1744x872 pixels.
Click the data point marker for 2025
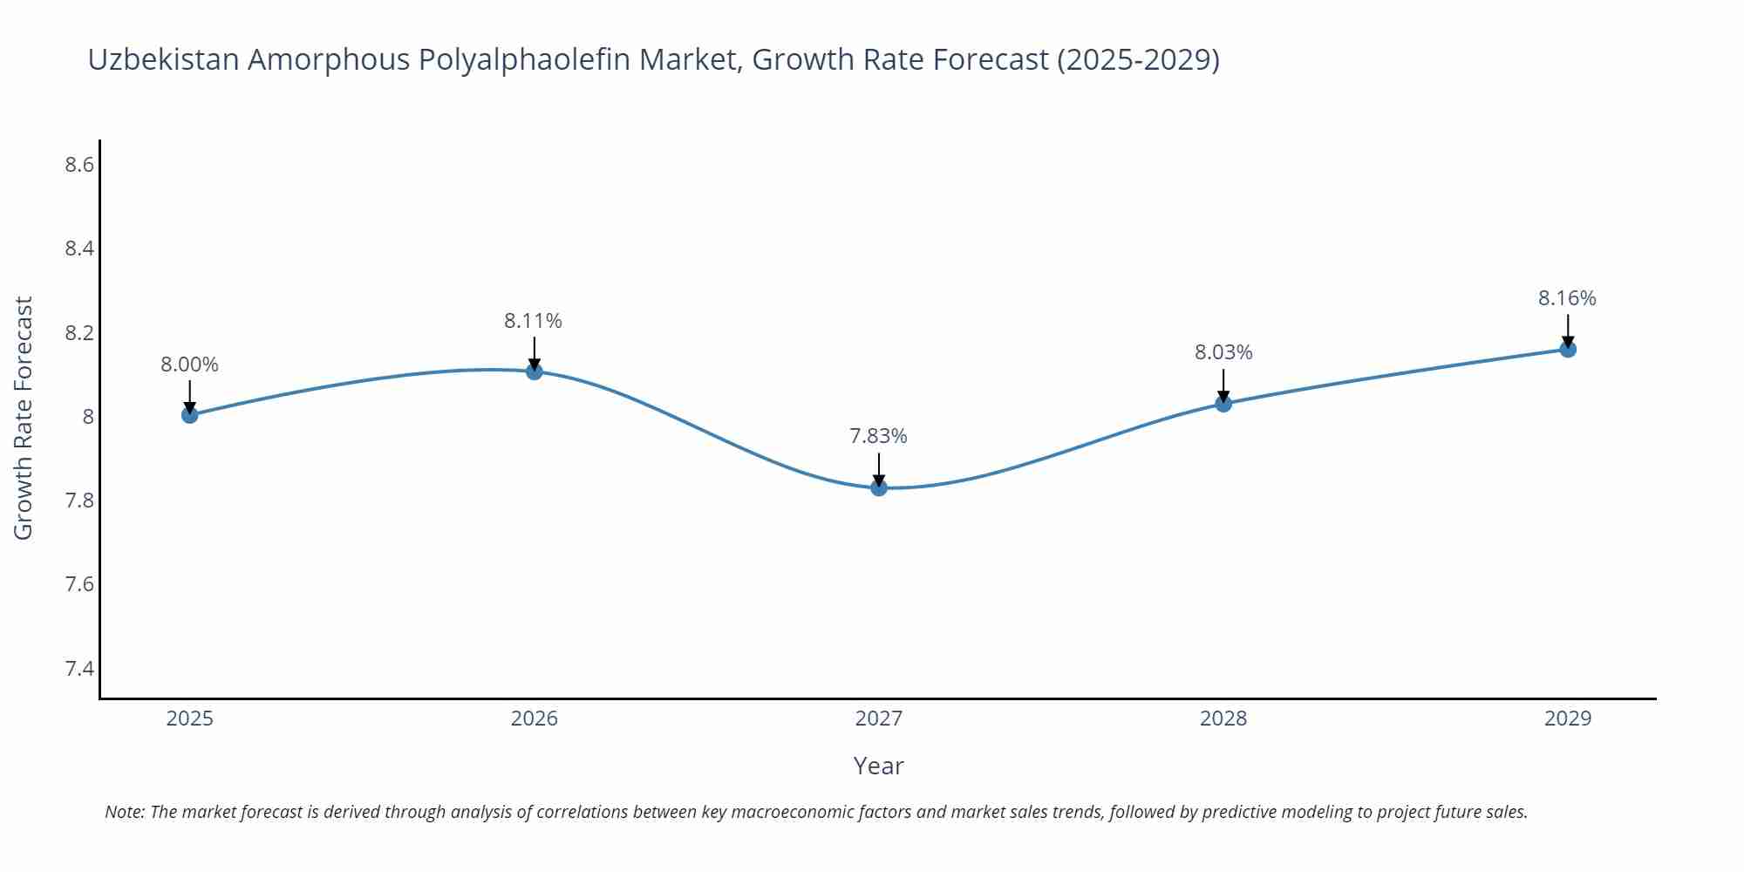(189, 415)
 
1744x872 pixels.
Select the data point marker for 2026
(535, 371)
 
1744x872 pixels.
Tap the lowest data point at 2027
(879, 487)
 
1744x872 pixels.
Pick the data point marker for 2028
(1223, 404)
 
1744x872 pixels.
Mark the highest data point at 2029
(1568, 350)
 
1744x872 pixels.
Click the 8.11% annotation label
(533, 321)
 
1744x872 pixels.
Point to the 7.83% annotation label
(878, 436)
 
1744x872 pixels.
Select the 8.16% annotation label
(1567, 298)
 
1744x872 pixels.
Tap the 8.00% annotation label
(189, 364)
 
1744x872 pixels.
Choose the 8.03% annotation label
(1223, 352)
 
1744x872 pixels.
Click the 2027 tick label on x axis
(879, 719)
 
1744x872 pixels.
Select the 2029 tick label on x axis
(1568, 719)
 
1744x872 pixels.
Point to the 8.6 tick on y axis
(79, 165)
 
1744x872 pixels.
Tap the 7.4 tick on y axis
(79, 669)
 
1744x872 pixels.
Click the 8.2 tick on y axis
(79, 333)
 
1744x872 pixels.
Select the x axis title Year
(878, 766)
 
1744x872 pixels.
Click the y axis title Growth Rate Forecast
(24, 418)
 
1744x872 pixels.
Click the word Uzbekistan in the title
(164, 59)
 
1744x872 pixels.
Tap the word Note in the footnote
(124, 812)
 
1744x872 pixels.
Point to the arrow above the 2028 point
(1223, 385)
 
